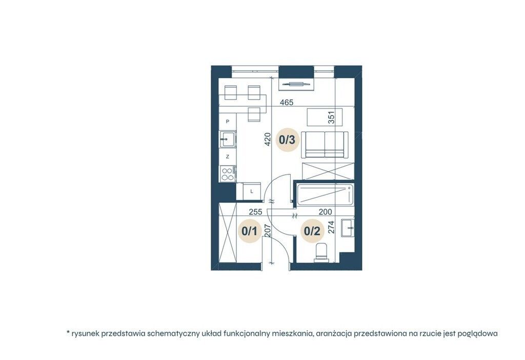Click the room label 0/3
(287, 139)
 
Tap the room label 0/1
(249, 231)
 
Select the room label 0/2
(312, 231)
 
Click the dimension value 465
(287, 103)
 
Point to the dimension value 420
(267, 139)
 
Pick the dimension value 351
(331, 118)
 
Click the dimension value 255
(255, 212)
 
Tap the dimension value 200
(325, 212)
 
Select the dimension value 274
(331, 227)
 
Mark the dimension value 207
(267, 231)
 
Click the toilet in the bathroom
(322, 252)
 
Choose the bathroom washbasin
(348, 228)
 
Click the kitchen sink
(228, 139)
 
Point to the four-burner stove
(228, 174)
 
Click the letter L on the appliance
(252, 192)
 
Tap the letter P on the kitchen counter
(228, 122)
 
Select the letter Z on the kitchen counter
(228, 156)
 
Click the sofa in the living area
(325, 145)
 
